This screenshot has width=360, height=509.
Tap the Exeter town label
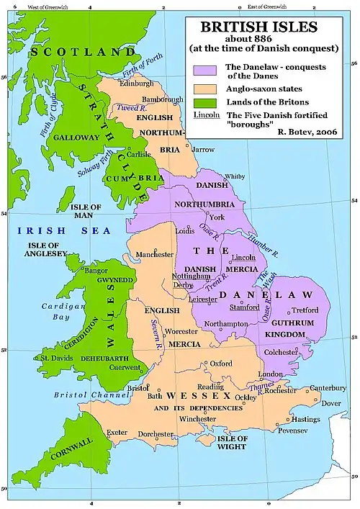pos(117,433)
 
